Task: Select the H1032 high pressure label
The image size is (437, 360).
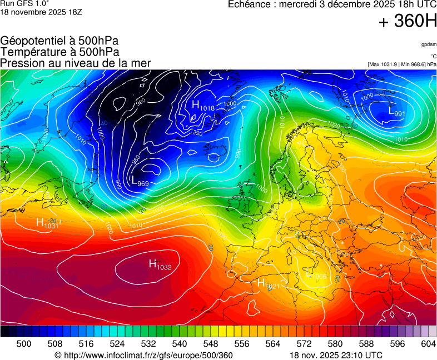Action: (x=160, y=265)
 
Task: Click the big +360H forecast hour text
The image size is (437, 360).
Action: (x=407, y=21)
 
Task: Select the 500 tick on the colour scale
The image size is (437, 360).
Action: (x=24, y=344)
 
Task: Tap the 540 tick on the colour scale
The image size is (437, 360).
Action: (x=180, y=344)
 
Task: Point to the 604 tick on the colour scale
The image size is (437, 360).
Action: (x=428, y=344)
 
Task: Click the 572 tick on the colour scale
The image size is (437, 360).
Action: (x=304, y=344)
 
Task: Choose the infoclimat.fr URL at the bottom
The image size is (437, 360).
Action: (x=143, y=355)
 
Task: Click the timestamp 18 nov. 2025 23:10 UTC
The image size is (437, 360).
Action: (x=336, y=355)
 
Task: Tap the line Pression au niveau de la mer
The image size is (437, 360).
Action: (x=76, y=63)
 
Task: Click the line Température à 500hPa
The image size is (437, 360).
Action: (x=59, y=52)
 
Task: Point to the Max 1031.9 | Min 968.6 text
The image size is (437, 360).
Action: (x=401, y=64)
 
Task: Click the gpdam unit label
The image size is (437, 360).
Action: (x=428, y=44)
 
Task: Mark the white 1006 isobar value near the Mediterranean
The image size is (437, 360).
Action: (x=319, y=277)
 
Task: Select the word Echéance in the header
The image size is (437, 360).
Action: (x=251, y=4)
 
